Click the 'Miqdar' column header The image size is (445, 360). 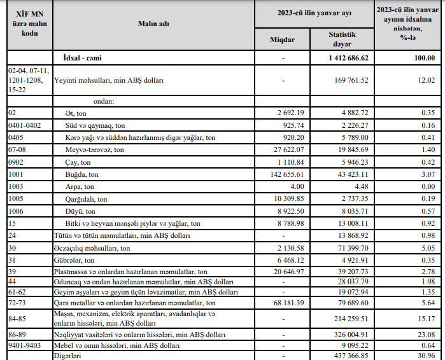pyautogui.click(x=282, y=39)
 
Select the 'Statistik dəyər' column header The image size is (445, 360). pyautogui.click(x=342, y=39)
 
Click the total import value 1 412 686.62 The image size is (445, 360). pyautogui.click(x=344, y=58)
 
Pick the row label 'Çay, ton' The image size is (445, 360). pyautogui.click(x=80, y=162)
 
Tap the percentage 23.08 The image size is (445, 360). pyautogui.click(x=425, y=335)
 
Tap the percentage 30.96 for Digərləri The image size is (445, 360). pyautogui.click(x=425, y=356)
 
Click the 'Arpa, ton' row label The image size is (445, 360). pyautogui.click(x=80, y=187)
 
